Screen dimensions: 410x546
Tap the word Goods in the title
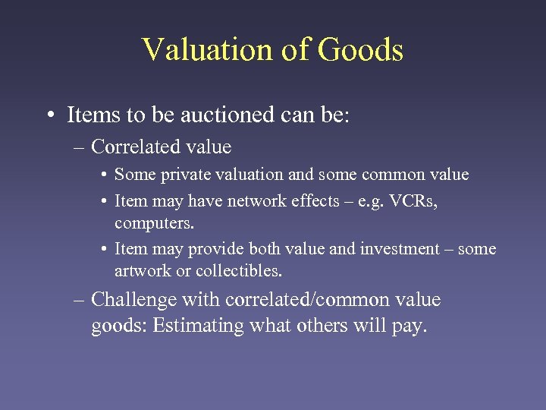[360, 50]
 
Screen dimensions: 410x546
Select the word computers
[154, 225]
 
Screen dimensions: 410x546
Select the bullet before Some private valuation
[103, 175]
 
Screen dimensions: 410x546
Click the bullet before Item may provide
[103, 249]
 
